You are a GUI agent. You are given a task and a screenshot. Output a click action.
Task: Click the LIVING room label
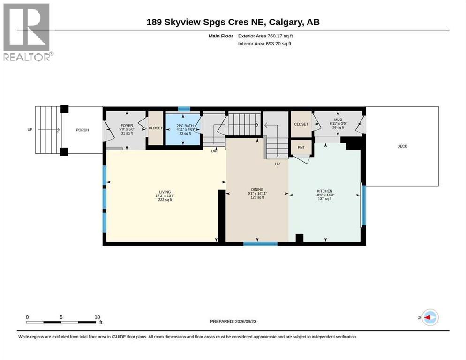pyautogui.click(x=165, y=192)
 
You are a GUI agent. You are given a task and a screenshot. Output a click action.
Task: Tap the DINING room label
pyautogui.click(x=257, y=190)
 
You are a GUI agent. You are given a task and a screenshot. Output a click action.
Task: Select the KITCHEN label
pyautogui.click(x=324, y=191)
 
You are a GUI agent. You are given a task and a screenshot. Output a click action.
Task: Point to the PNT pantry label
pyautogui.click(x=301, y=147)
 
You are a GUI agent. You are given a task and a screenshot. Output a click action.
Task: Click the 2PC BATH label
pyautogui.click(x=185, y=126)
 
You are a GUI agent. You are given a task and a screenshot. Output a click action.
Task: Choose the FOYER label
pyautogui.click(x=127, y=126)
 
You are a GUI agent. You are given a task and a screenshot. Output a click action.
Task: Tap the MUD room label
pyautogui.click(x=338, y=120)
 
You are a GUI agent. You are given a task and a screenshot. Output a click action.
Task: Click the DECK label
pyautogui.click(x=402, y=146)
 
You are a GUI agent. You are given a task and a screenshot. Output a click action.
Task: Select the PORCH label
pyautogui.click(x=83, y=130)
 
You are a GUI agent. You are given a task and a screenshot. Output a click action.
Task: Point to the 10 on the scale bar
pyautogui.click(x=97, y=317)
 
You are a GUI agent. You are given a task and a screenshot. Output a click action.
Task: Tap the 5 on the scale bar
pyautogui.click(x=61, y=317)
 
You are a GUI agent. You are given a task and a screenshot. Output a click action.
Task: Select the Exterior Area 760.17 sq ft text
pyautogui.click(x=265, y=36)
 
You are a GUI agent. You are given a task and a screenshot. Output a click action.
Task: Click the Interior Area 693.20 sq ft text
pyautogui.click(x=264, y=44)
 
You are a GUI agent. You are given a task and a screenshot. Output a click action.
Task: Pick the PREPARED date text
pyautogui.click(x=233, y=322)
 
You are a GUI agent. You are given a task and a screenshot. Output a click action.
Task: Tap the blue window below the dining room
pyautogui.click(x=260, y=244)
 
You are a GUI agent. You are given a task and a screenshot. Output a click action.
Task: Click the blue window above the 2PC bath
pyautogui.click(x=184, y=109)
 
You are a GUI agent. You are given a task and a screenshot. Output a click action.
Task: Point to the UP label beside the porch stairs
pyautogui.click(x=30, y=130)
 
